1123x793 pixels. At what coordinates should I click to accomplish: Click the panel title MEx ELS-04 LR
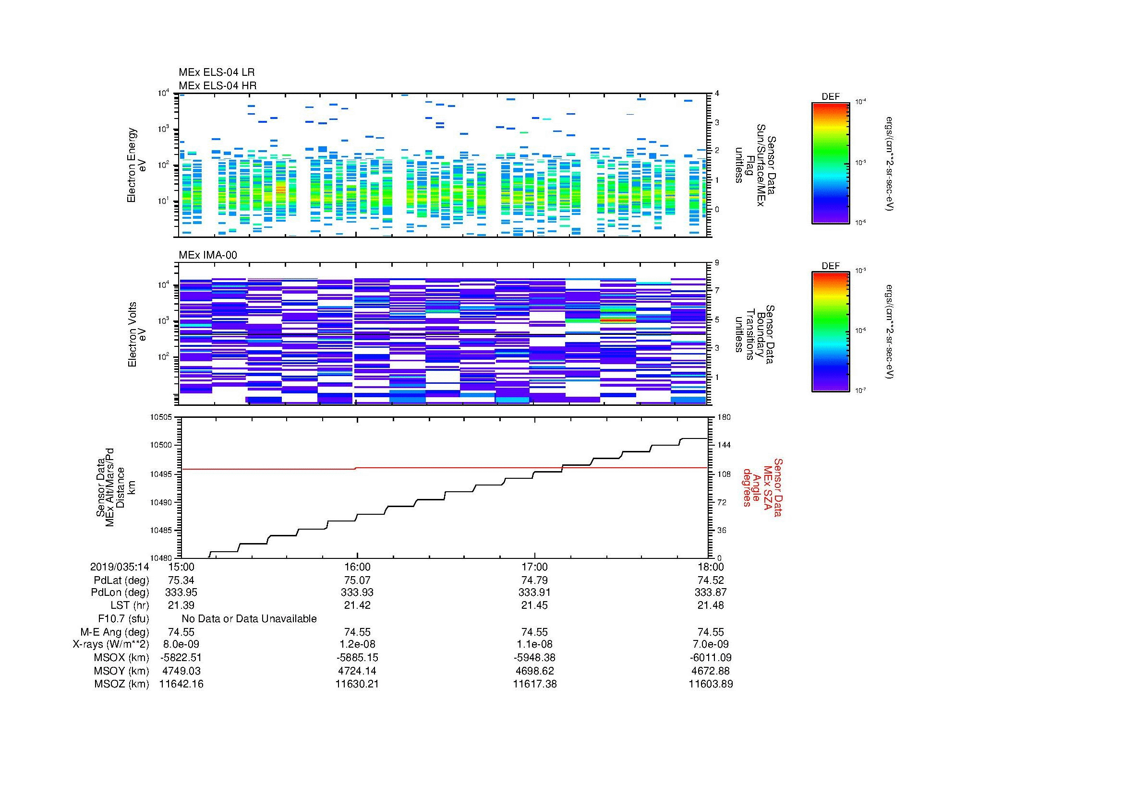pos(216,72)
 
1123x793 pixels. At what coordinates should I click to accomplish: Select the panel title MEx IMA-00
pos(207,255)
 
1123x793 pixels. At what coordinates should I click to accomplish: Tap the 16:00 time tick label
pos(357,567)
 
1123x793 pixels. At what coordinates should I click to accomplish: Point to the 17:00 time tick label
pos(534,567)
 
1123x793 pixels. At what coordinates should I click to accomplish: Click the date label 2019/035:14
pos(120,567)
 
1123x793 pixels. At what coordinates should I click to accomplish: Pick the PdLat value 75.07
pos(357,580)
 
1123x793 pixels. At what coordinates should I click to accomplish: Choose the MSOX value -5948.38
pos(534,658)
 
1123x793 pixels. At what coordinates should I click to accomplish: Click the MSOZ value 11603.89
pos(711,684)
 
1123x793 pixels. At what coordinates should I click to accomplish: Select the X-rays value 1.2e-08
pos(357,644)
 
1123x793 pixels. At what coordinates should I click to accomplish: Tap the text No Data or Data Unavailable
pos(249,619)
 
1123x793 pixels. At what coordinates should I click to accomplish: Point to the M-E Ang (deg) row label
pos(115,632)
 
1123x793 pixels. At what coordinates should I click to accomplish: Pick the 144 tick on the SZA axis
pos(724,445)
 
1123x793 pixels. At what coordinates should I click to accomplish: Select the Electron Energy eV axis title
pos(136,165)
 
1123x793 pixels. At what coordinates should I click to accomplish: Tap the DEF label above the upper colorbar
pos(831,97)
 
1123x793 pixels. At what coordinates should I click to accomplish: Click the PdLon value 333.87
pos(711,592)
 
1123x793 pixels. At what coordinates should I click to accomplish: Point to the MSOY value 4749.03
pos(181,671)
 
